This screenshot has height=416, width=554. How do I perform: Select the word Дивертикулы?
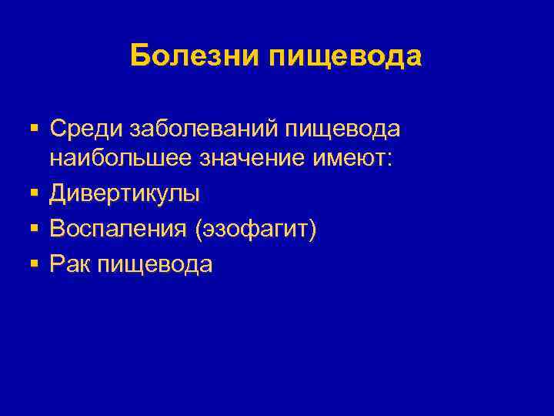pos(125,195)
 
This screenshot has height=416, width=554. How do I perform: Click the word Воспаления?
pos(121,229)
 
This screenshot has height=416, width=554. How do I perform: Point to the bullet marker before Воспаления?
pos(33,229)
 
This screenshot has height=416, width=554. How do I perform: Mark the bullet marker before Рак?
pos(33,263)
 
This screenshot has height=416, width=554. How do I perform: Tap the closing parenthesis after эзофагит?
pos(312,230)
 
